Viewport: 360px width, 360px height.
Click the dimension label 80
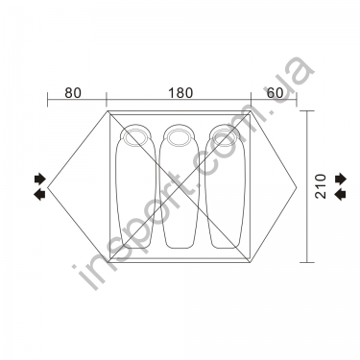tap(73, 93)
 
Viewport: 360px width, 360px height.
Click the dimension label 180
tap(180, 93)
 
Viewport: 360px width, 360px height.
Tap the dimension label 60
tap(276, 93)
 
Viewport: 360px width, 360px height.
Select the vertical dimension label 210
tap(321, 186)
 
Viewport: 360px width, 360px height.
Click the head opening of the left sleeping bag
tap(133, 137)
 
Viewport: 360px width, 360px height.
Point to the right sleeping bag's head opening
tap(224, 137)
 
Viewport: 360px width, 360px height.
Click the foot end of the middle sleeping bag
tap(179, 247)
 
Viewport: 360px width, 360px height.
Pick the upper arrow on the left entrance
tap(40, 179)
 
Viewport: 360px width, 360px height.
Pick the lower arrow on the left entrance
tap(39, 194)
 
